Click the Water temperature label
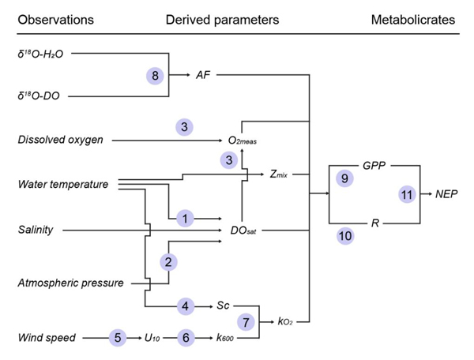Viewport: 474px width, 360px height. pos(62,185)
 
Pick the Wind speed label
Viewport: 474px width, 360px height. pos(46,338)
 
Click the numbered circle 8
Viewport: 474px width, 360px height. pos(156,76)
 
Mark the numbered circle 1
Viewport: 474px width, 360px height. pos(184,218)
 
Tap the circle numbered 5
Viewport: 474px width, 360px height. pos(117,338)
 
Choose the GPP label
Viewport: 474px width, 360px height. pos(375,167)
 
